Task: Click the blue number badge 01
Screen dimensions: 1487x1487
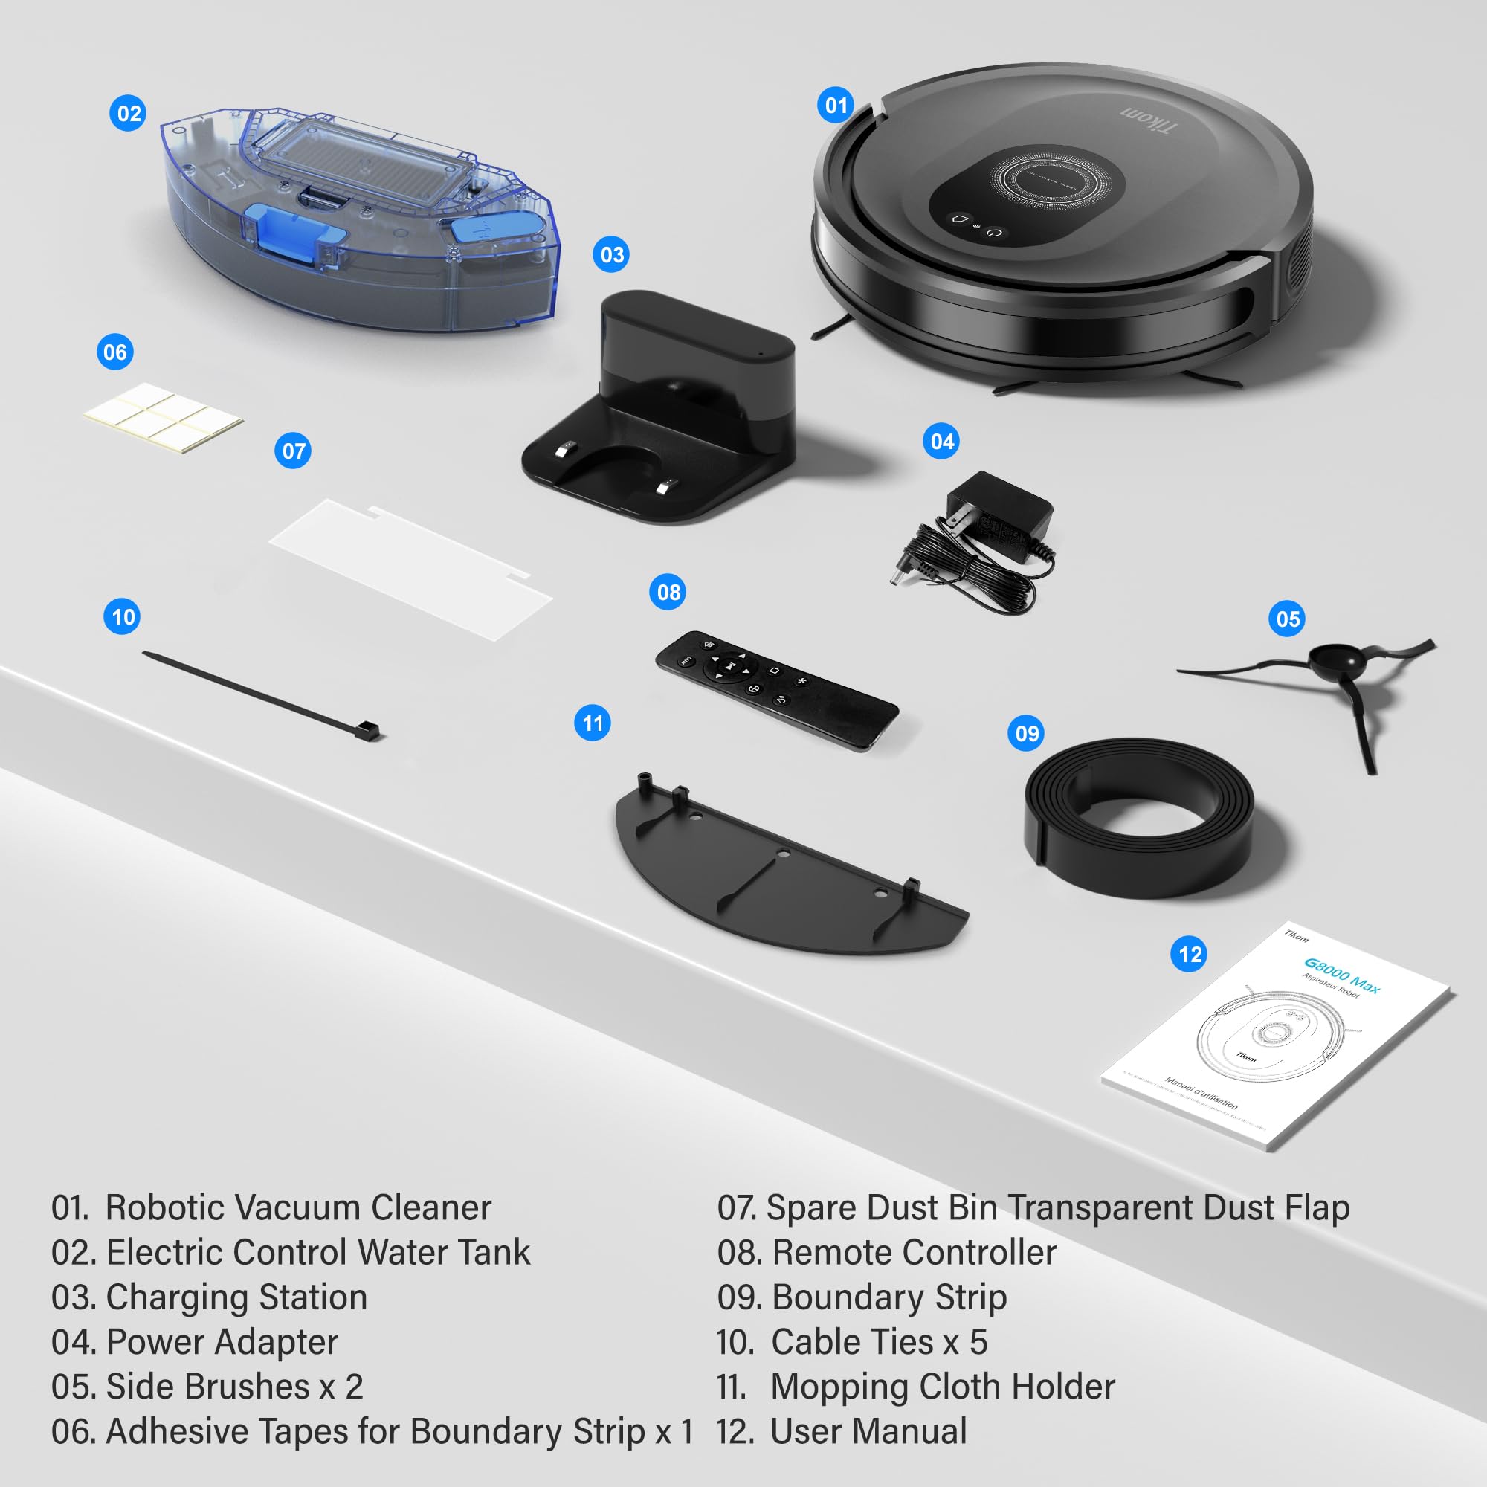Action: point(835,105)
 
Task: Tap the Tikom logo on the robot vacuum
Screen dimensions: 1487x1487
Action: point(1147,118)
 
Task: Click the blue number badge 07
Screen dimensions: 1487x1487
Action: point(293,451)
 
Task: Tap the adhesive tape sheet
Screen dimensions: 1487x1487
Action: point(163,418)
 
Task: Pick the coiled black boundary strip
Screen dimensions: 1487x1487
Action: point(1139,816)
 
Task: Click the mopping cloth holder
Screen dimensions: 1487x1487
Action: point(785,877)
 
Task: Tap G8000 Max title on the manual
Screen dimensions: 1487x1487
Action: point(1341,975)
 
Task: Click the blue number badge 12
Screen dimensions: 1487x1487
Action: point(1189,955)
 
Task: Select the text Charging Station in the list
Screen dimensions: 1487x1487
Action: point(236,1297)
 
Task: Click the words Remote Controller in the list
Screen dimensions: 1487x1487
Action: point(914,1252)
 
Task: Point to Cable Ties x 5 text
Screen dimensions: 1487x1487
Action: point(878,1342)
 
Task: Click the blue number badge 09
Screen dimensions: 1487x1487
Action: point(1026,733)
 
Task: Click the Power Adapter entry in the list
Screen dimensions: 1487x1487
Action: point(222,1342)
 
